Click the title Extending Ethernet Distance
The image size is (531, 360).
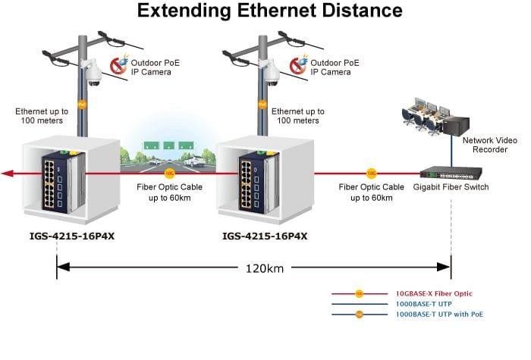(269, 10)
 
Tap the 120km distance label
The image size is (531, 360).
(265, 268)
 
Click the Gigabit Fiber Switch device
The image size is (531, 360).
(451, 173)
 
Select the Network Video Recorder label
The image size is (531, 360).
(490, 145)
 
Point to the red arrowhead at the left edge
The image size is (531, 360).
(8, 174)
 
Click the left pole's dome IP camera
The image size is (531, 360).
(93, 74)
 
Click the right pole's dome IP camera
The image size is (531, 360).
(272, 74)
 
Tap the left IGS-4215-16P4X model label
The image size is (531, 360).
(72, 236)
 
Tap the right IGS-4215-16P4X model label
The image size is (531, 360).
(265, 236)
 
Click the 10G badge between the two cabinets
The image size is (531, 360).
(169, 174)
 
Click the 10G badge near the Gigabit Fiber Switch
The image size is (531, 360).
(372, 174)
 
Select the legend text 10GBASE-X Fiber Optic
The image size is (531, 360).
(434, 294)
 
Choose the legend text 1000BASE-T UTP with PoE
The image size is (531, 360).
(439, 315)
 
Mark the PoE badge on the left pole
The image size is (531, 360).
(82, 105)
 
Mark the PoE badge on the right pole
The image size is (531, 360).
(262, 105)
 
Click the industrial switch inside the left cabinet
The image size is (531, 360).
(63, 182)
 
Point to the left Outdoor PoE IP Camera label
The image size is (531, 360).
(155, 67)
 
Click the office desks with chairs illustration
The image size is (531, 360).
(422, 116)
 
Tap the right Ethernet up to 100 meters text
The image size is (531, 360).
(298, 116)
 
